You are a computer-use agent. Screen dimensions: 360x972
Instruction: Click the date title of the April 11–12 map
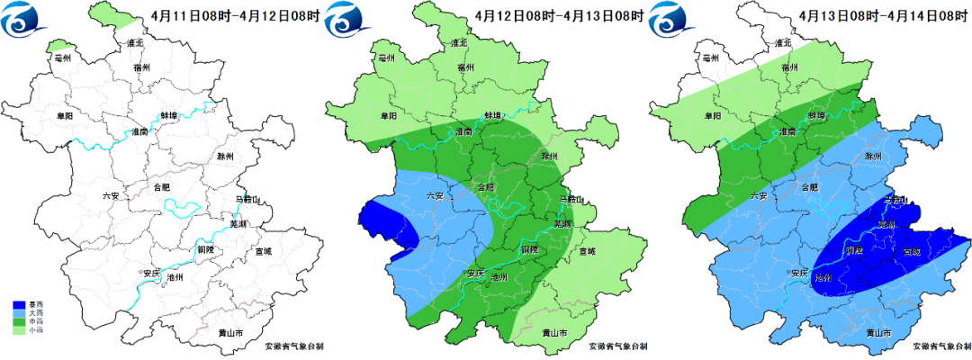tap(236, 16)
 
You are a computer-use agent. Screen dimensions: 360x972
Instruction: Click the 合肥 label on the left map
tap(161, 187)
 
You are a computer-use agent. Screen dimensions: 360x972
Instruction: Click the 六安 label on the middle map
tap(435, 195)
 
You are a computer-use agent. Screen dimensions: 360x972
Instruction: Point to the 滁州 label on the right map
tap(871, 157)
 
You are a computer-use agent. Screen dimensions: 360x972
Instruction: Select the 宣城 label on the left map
tap(263, 251)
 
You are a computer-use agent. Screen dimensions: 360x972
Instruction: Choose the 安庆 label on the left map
tap(148, 272)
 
